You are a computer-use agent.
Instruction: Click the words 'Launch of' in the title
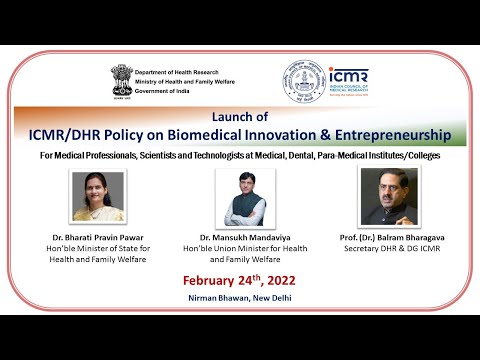pyautogui.click(x=239, y=116)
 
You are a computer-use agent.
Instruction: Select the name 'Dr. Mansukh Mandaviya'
pyautogui.click(x=241, y=238)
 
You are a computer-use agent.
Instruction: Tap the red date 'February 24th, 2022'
pyautogui.click(x=240, y=281)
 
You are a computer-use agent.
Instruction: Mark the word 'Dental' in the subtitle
pyautogui.click(x=297, y=154)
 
